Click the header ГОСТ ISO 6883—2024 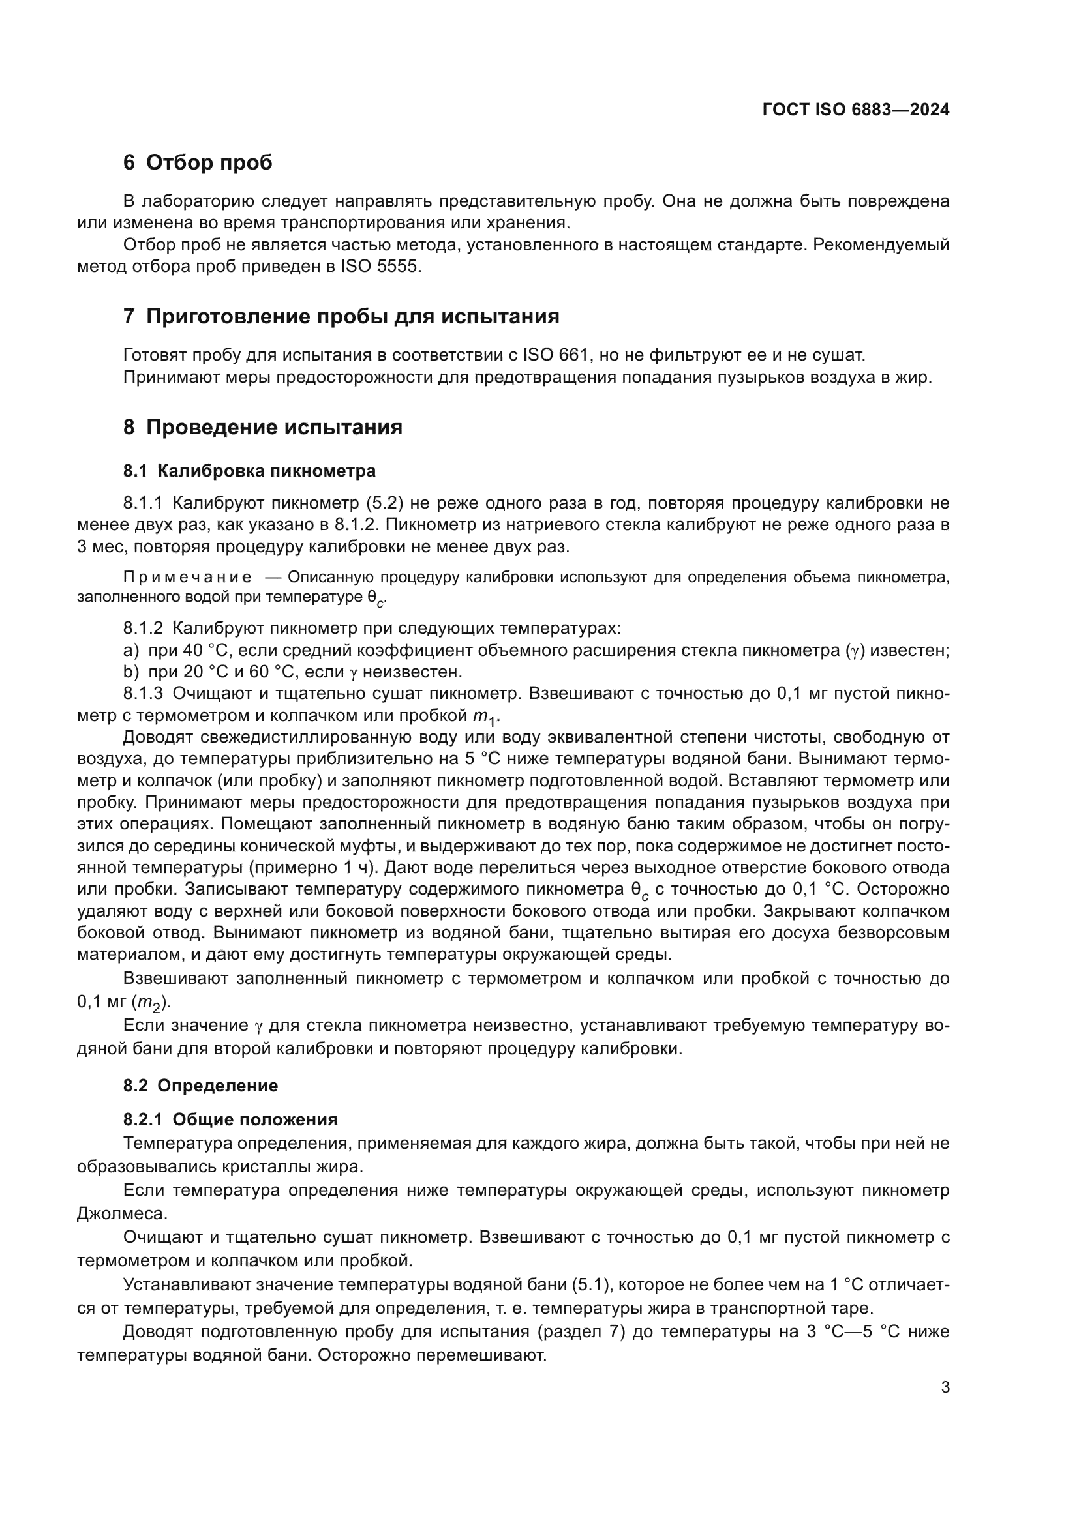tap(856, 110)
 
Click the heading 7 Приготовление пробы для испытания tap(341, 317)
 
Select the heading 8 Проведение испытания tap(262, 427)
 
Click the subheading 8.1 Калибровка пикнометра tap(249, 471)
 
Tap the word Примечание tap(187, 577)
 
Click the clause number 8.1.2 tap(142, 629)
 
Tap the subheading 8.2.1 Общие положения tap(230, 1120)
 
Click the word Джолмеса tap(121, 1214)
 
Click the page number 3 tap(945, 1387)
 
